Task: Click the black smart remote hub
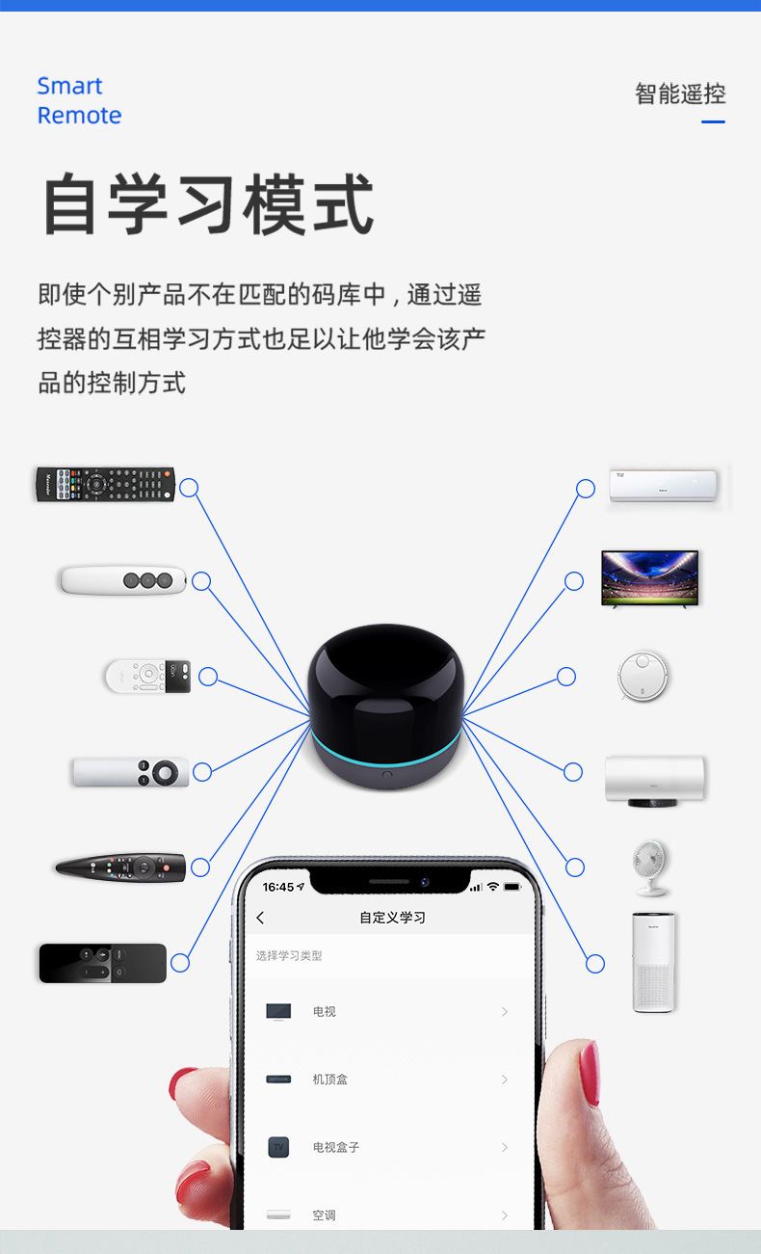coord(385,707)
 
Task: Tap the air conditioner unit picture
coord(663,486)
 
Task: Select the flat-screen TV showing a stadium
coord(649,578)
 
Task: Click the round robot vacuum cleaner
coord(643,676)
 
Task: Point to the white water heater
coord(655,781)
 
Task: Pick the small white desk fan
coord(650,867)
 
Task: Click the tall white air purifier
coord(653,962)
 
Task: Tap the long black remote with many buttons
coord(106,484)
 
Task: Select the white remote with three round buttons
coord(123,580)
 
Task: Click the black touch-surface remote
coord(103,964)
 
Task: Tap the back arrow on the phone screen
coord(260,918)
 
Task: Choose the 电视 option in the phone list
coord(324,1012)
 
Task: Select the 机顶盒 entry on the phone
coord(329,1080)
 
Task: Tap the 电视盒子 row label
coord(336,1147)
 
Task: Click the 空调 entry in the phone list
coord(324,1215)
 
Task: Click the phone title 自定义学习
coord(392,918)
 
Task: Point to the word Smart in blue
coord(70,86)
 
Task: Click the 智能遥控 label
coord(680,93)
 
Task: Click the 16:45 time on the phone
coord(278,887)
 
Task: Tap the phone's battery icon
coord(512,887)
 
